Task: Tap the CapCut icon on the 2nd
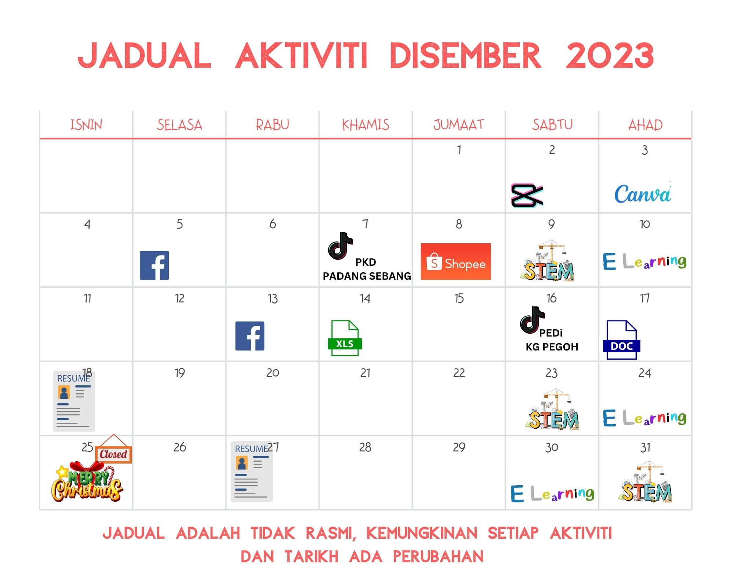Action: click(527, 196)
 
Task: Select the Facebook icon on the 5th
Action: click(154, 265)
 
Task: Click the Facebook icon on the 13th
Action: click(250, 336)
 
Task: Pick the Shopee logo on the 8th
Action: click(456, 261)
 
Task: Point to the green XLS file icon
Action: click(345, 338)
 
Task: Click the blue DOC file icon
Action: click(621, 339)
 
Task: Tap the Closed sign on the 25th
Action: click(113, 449)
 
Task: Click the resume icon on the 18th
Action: click(74, 401)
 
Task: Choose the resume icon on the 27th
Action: click(252, 472)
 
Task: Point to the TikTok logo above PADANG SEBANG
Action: click(340, 246)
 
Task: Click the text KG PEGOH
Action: click(552, 347)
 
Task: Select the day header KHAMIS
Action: click(366, 125)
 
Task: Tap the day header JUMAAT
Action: click(459, 125)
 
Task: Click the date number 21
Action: click(366, 373)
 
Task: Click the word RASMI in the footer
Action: click(331, 533)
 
